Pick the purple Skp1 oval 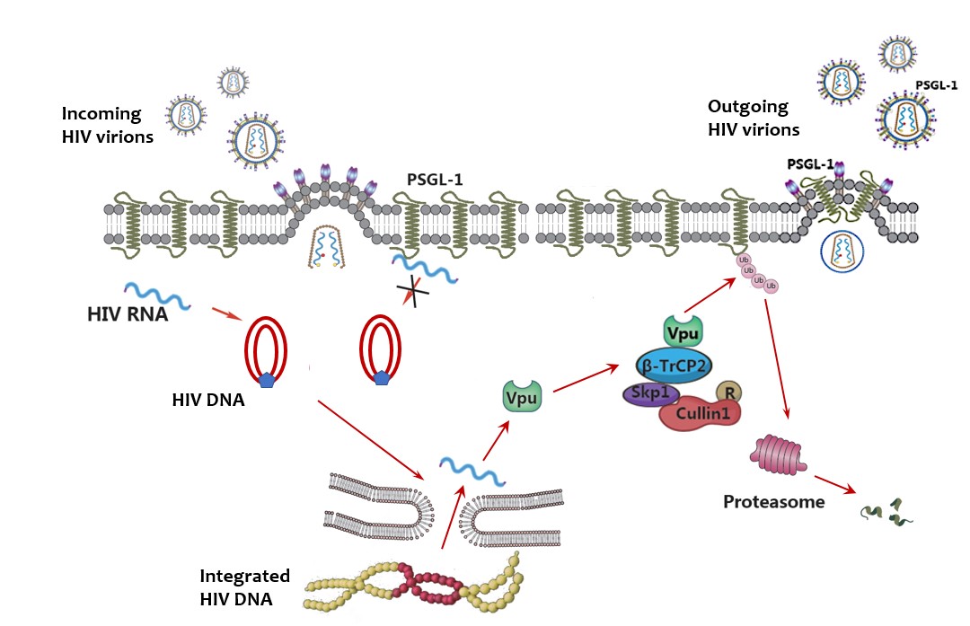652,395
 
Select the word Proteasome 773,501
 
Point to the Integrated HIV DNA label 245,585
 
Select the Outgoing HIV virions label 752,118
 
